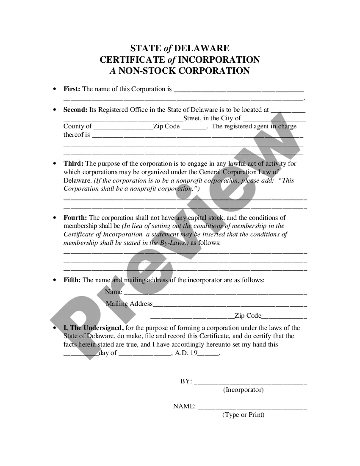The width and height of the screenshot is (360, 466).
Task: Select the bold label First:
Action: point(72,89)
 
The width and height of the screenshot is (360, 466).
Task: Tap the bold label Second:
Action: point(75,110)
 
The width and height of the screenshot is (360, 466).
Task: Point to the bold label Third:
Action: point(74,164)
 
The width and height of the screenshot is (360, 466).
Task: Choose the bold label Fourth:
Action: point(75,218)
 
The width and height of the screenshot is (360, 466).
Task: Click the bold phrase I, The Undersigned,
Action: point(93,328)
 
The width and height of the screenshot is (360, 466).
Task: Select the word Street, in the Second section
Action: point(193,118)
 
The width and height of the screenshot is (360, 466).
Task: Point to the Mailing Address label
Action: point(129,304)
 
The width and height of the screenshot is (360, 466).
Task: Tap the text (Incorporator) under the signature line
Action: point(243,390)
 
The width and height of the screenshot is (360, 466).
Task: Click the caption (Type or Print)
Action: point(243,415)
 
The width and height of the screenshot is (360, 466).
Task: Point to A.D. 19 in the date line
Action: point(186,353)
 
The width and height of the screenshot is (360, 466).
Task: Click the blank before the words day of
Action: point(81,354)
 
